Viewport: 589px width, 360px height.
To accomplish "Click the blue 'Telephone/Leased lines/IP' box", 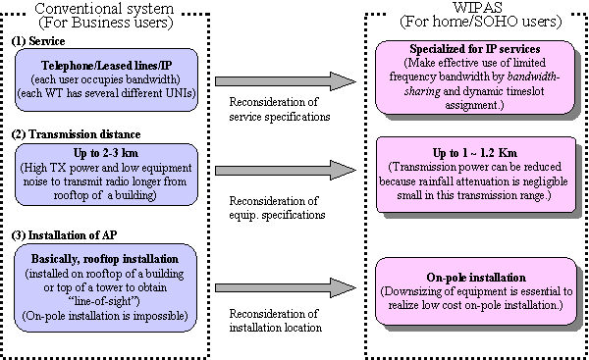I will coord(109,79).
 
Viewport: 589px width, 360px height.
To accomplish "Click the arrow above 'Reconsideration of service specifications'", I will coord(284,80).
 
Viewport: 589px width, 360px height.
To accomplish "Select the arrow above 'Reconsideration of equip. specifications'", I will coord(284,176).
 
